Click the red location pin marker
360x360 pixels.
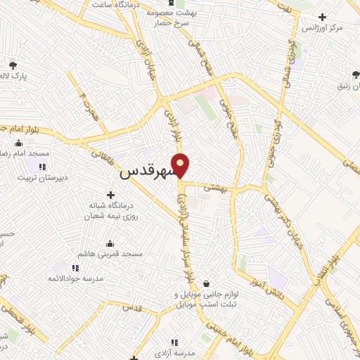[181, 165]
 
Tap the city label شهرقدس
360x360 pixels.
[147, 171]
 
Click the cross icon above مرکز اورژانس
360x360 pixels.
[322, 17]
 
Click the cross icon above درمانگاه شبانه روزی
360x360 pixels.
[110, 194]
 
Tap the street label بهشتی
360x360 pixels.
[213, 188]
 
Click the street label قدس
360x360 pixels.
[131, 308]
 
